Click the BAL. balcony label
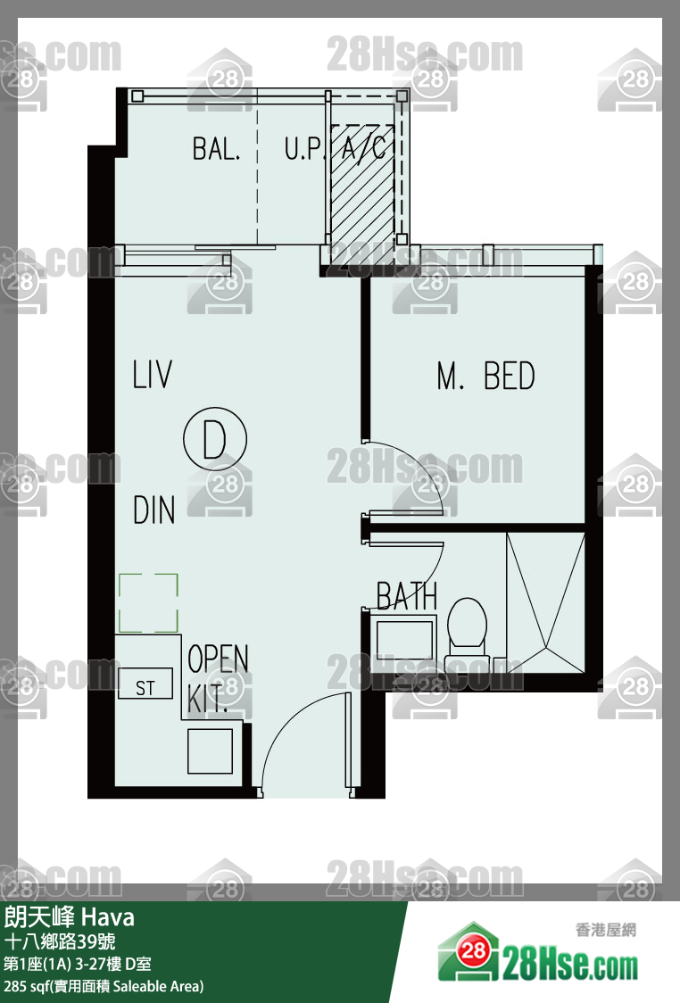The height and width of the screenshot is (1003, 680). pyautogui.click(x=216, y=148)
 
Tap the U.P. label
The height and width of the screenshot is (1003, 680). pyautogui.click(x=303, y=148)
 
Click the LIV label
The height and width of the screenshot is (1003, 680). pyautogui.click(x=152, y=375)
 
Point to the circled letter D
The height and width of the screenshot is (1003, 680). pyautogui.click(x=214, y=440)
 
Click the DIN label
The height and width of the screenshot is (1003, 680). pyautogui.click(x=153, y=510)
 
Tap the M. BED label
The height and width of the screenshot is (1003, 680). pyautogui.click(x=485, y=376)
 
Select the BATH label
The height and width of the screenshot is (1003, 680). pyautogui.click(x=407, y=596)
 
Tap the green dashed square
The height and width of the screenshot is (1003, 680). pyautogui.click(x=148, y=602)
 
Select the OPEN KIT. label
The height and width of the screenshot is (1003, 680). pyautogui.click(x=217, y=676)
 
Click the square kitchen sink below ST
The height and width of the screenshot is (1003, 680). pyautogui.click(x=210, y=750)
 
